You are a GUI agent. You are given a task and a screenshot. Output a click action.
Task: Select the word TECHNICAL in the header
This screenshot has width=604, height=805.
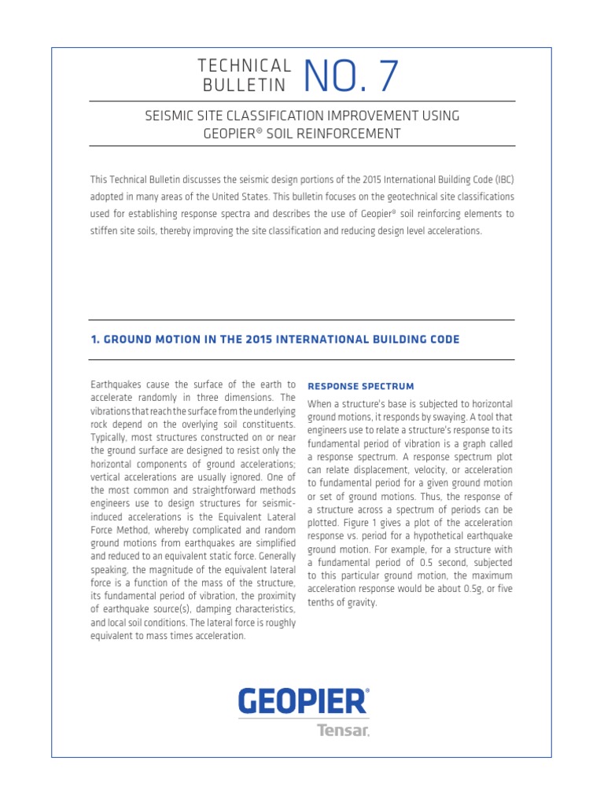coord(245,65)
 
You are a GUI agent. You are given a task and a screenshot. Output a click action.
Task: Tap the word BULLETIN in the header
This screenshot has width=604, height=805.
coord(245,85)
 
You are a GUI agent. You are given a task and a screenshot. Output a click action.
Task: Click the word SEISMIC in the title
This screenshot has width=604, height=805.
coord(170,116)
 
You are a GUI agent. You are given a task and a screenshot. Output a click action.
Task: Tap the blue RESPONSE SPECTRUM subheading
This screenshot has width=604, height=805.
coord(360,386)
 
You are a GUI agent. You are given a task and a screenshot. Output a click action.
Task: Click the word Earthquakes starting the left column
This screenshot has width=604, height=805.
coord(116,384)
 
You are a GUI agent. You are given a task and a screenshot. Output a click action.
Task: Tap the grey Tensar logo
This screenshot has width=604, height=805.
coord(342,730)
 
